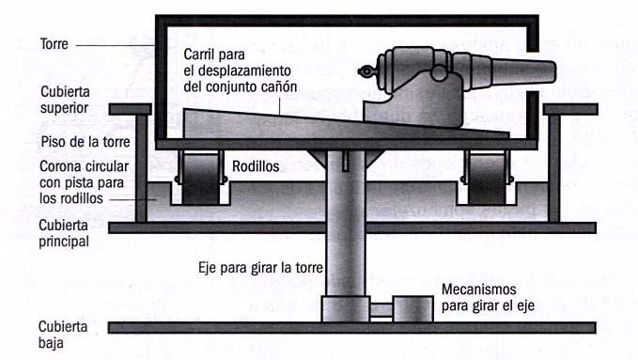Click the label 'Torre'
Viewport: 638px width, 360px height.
pyautogui.click(x=54, y=44)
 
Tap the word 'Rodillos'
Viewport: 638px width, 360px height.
pyautogui.click(x=256, y=166)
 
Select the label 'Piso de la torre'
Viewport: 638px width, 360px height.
pyautogui.click(x=86, y=142)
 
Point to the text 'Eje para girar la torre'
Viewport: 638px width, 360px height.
pyautogui.click(x=260, y=268)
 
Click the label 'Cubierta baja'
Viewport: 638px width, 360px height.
pyautogui.click(x=63, y=335)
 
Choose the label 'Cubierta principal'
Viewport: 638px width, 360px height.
pyautogui.click(x=64, y=233)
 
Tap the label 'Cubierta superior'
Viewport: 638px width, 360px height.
pyautogui.click(x=65, y=100)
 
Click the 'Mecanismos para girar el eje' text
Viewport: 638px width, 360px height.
pyautogui.click(x=488, y=298)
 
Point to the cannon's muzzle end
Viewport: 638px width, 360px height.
pyautogui.click(x=552, y=71)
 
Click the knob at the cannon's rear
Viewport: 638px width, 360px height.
pyautogui.click(x=366, y=72)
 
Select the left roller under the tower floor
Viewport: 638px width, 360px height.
pyautogui.click(x=200, y=179)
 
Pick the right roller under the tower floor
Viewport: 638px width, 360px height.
pyautogui.click(x=487, y=179)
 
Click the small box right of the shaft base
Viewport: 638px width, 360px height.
pyautogui.click(x=412, y=309)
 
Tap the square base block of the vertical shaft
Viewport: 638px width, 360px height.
pyautogui.click(x=346, y=309)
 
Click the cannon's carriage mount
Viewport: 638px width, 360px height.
pyautogui.click(x=413, y=103)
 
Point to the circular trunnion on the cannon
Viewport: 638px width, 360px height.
pyautogui.click(x=440, y=72)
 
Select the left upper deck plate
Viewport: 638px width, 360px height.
pyautogui.click(x=131, y=109)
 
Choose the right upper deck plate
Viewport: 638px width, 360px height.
pyautogui.click(x=570, y=109)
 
